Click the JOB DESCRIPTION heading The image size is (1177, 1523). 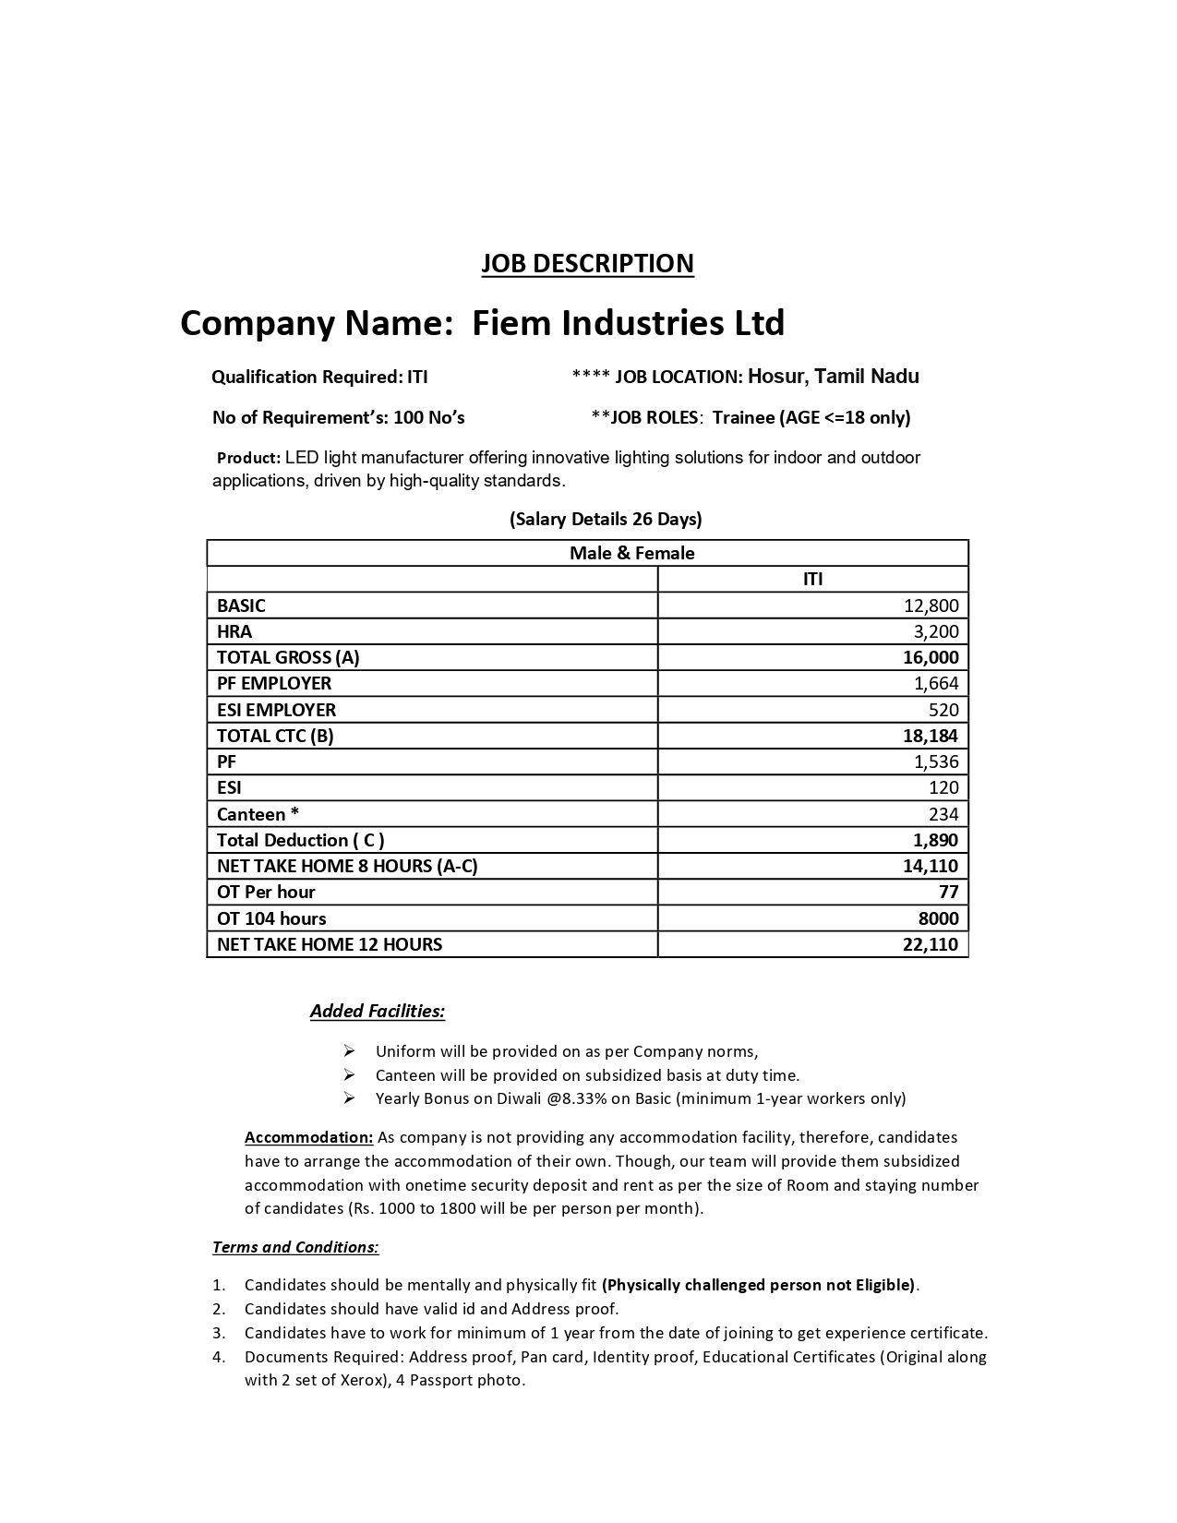(587, 263)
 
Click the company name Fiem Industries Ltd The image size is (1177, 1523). (628, 323)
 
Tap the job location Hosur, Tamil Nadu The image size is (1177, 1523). (833, 377)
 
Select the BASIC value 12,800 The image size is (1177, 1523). (931, 606)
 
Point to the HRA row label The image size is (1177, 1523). (234, 631)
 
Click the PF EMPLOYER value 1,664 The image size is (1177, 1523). (936, 683)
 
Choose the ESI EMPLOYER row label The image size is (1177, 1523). (276, 710)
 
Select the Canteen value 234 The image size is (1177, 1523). (943, 814)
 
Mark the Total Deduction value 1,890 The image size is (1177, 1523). (936, 840)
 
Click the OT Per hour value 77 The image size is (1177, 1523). (948, 892)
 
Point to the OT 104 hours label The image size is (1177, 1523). (271, 918)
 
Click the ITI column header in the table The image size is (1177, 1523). (812, 579)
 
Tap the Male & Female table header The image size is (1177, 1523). (632, 553)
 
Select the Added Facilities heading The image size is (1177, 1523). (378, 1011)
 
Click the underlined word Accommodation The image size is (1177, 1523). (308, 1137)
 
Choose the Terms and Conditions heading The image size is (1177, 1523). (295, 1247)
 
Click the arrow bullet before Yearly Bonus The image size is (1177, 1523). (350, 1098)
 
